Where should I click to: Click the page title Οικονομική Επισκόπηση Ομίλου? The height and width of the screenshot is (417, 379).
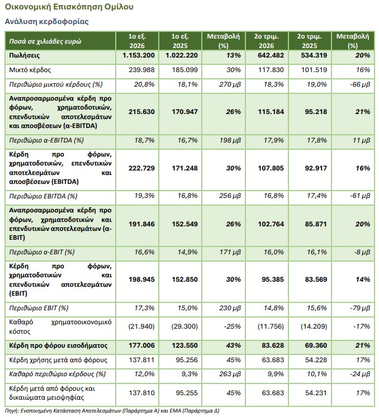[x=69, y=7]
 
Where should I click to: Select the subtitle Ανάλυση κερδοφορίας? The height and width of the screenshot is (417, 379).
[x=46, y=22]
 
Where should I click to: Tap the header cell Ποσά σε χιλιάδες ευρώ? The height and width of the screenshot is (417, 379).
[x=45, y=41]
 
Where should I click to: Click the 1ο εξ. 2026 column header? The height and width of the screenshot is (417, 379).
[x=137, y=41]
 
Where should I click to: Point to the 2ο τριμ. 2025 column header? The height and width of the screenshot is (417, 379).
[x=309, y=41]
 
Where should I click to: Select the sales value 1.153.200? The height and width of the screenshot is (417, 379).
[x=139, y=55]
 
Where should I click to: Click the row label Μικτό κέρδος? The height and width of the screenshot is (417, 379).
[x=30, y=70]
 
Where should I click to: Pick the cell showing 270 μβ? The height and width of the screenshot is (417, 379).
[x=230, y=84]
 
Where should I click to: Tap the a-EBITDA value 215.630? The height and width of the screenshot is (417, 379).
[x=141, y=112]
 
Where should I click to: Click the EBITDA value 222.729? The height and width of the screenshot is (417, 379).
[x=141, y=168]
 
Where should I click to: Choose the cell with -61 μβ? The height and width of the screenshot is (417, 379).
[x=360, y=196]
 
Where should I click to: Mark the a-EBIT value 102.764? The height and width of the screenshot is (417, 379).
[x=271, y=224]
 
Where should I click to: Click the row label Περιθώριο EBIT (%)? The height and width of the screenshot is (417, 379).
[x=39, y=308]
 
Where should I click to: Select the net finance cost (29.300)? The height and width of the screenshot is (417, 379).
[x=184, y=326]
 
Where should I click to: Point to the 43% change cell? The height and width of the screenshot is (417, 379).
[x=233, y=345]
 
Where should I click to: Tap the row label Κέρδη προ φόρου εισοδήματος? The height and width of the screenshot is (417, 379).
[x=58, y=345]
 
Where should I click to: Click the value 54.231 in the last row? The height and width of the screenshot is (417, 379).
[x=316, y=393]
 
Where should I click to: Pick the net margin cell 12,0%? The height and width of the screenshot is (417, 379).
[x=144, y=374]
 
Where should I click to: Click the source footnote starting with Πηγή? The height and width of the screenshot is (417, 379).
[x=112, y=411]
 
